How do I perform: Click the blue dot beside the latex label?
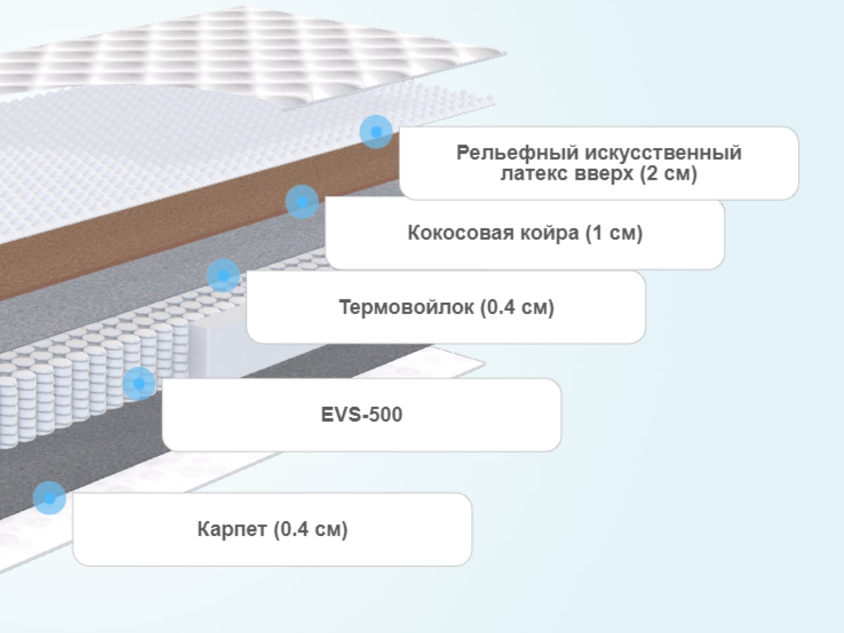[376, 132]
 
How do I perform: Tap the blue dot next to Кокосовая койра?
[302, 202]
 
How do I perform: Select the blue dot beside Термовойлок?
[223, 275]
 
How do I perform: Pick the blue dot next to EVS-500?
[139, 383]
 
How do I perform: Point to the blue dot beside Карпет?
[49, 498]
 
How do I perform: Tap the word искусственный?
[663, 152]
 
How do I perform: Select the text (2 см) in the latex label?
[668, 174]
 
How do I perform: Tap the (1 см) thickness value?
[614, 233]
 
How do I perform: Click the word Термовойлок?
[406, 308]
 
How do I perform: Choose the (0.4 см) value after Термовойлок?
[517, 308]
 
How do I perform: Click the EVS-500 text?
[362, 415]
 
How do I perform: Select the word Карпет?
[232, 530]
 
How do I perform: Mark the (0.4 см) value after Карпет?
[311, 529]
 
